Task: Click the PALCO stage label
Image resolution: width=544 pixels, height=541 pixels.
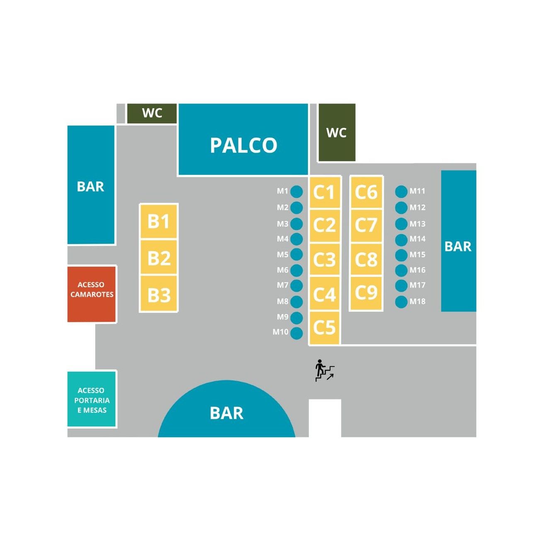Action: [243, 145]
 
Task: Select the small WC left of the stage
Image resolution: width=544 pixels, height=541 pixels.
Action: [152, 113]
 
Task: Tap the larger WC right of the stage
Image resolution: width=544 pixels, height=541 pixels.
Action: [336, 132]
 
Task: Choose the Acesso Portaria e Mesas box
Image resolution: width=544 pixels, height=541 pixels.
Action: [92, 399]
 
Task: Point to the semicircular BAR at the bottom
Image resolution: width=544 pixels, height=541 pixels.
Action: [226, 413]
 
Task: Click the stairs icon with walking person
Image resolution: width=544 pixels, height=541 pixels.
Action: [325, 370]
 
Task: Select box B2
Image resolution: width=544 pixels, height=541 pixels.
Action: [159, 258]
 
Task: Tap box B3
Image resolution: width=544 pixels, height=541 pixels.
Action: [159, 295]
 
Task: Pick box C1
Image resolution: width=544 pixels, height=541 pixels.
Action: [324, 192]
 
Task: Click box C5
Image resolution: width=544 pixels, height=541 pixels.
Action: [324, 327]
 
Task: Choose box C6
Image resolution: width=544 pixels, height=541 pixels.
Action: [366, 192]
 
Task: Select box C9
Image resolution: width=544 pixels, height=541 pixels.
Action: [366, 293]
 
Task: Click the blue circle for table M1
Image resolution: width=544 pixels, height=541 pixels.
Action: [296, 191]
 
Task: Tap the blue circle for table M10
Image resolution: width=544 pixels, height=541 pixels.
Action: [296, 333]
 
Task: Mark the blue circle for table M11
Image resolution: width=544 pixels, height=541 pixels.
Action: [401, 191]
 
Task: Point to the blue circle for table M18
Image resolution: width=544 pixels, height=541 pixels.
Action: [401, 302]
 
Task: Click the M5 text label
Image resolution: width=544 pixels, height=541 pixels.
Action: [283, 255]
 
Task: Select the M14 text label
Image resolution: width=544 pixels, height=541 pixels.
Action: [418, 239]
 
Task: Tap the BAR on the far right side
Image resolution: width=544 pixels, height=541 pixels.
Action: [458, 246]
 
